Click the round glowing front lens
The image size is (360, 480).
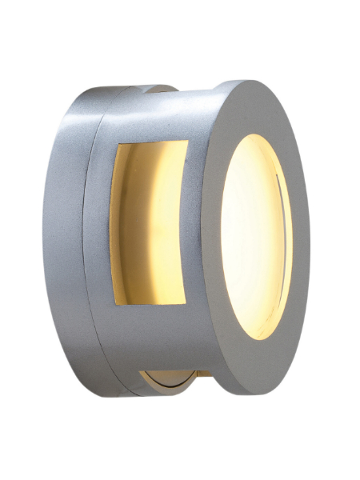(254, 226)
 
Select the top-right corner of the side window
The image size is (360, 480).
(188, 142)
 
